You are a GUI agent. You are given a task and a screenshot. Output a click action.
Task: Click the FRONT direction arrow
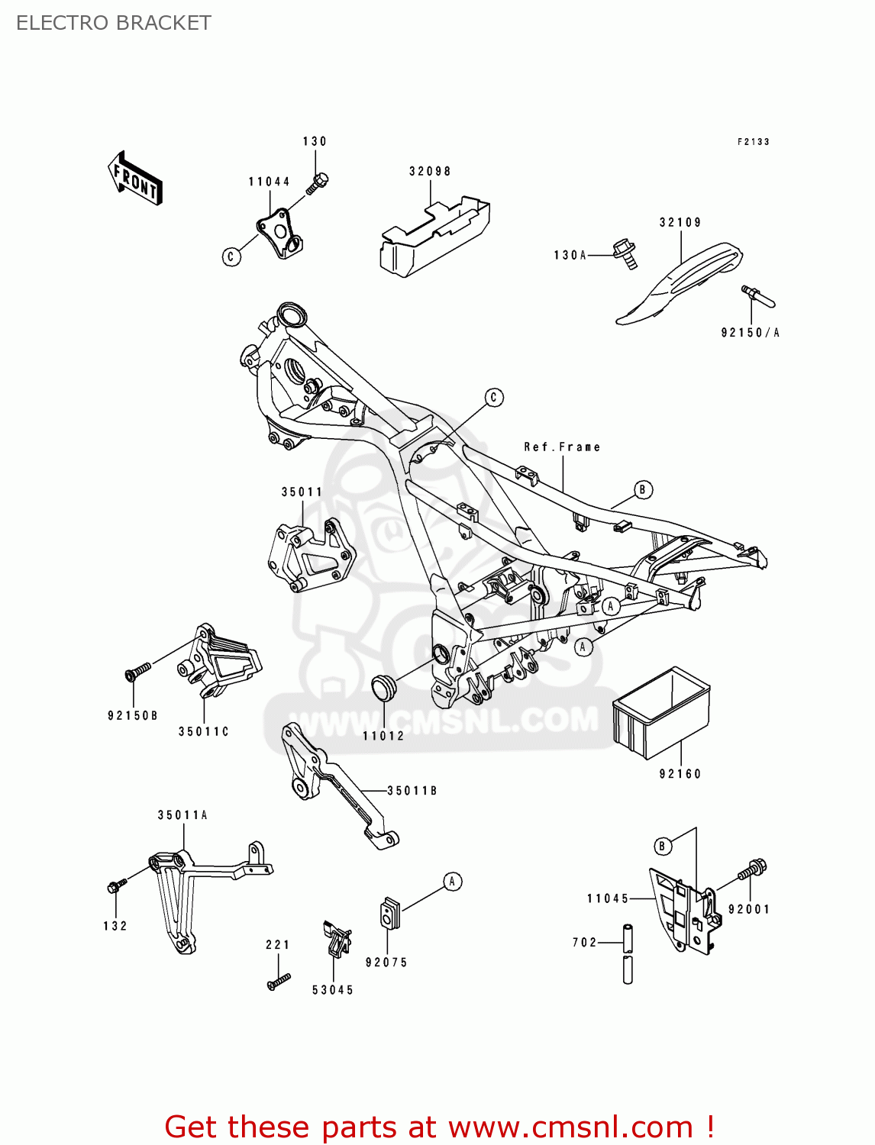click(135, 179)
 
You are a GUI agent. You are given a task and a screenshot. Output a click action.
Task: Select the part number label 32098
click(430, 172)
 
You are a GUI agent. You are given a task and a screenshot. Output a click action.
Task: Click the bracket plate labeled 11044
click(279, 234)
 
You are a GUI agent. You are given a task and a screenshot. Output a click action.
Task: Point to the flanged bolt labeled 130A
click(625, 253)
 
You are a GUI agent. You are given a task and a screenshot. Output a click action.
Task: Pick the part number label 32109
click(680, 223)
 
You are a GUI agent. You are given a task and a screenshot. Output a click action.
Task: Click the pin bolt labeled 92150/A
click(757, 295)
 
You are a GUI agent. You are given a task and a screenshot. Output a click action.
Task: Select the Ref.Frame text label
click(562, 447)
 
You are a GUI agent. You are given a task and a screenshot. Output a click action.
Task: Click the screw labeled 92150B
click(137, 671)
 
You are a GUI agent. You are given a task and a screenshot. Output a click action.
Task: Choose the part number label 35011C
click(204, 731)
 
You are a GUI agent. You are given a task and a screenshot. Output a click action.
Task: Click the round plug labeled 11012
click(384, 687)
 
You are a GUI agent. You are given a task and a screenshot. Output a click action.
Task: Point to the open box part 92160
click(661, 713)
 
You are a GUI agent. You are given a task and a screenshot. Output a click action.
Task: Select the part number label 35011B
click(412, 791)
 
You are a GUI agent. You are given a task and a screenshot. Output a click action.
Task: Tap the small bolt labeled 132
click(115, 886)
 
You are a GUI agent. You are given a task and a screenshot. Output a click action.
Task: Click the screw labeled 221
click(279, 982)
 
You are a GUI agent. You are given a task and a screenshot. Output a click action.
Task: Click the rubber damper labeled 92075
click(390, 913)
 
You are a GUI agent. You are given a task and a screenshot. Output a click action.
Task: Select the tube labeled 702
click(628, 953)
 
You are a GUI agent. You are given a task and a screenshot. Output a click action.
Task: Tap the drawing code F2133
click(753, 142)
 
